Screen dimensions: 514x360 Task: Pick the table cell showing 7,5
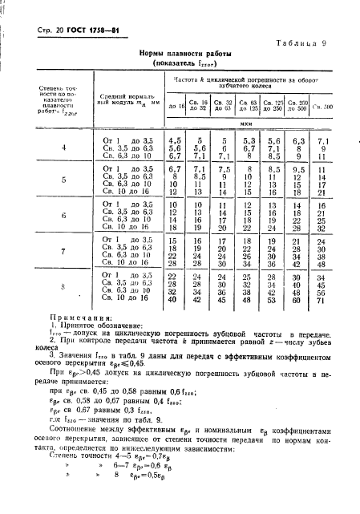pyautogui.click(x=224, y=170)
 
